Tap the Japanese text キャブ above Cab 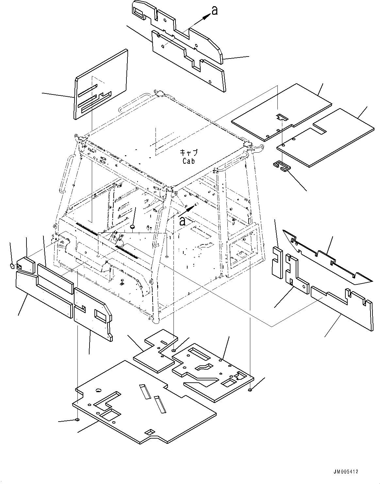[x=189, y=153]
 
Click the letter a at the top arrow [x=214, y=10]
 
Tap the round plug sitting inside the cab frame [x=132, y=226]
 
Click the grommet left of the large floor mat [x=77, y=420]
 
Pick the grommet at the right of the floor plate [x=250, y=390]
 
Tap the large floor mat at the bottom [x=144, y=405]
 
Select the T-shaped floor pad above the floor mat [x=157, y=353]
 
